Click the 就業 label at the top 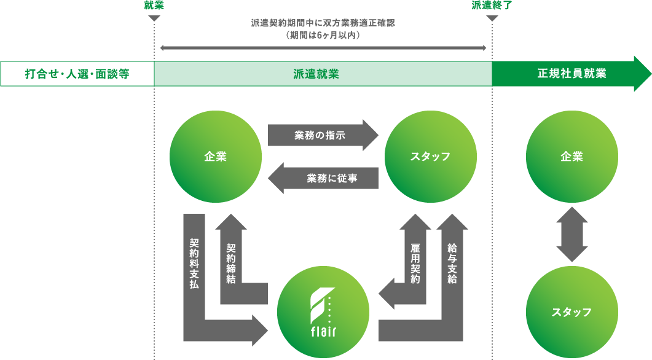154,6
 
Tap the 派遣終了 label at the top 492,6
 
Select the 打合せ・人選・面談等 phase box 77,74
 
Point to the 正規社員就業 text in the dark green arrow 571,74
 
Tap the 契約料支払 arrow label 194,264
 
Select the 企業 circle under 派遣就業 215,157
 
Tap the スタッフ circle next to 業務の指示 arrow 430,157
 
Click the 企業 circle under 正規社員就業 571,157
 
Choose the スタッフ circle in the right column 571,312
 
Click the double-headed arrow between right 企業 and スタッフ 571,234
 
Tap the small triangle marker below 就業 154,18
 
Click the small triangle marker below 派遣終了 492,18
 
